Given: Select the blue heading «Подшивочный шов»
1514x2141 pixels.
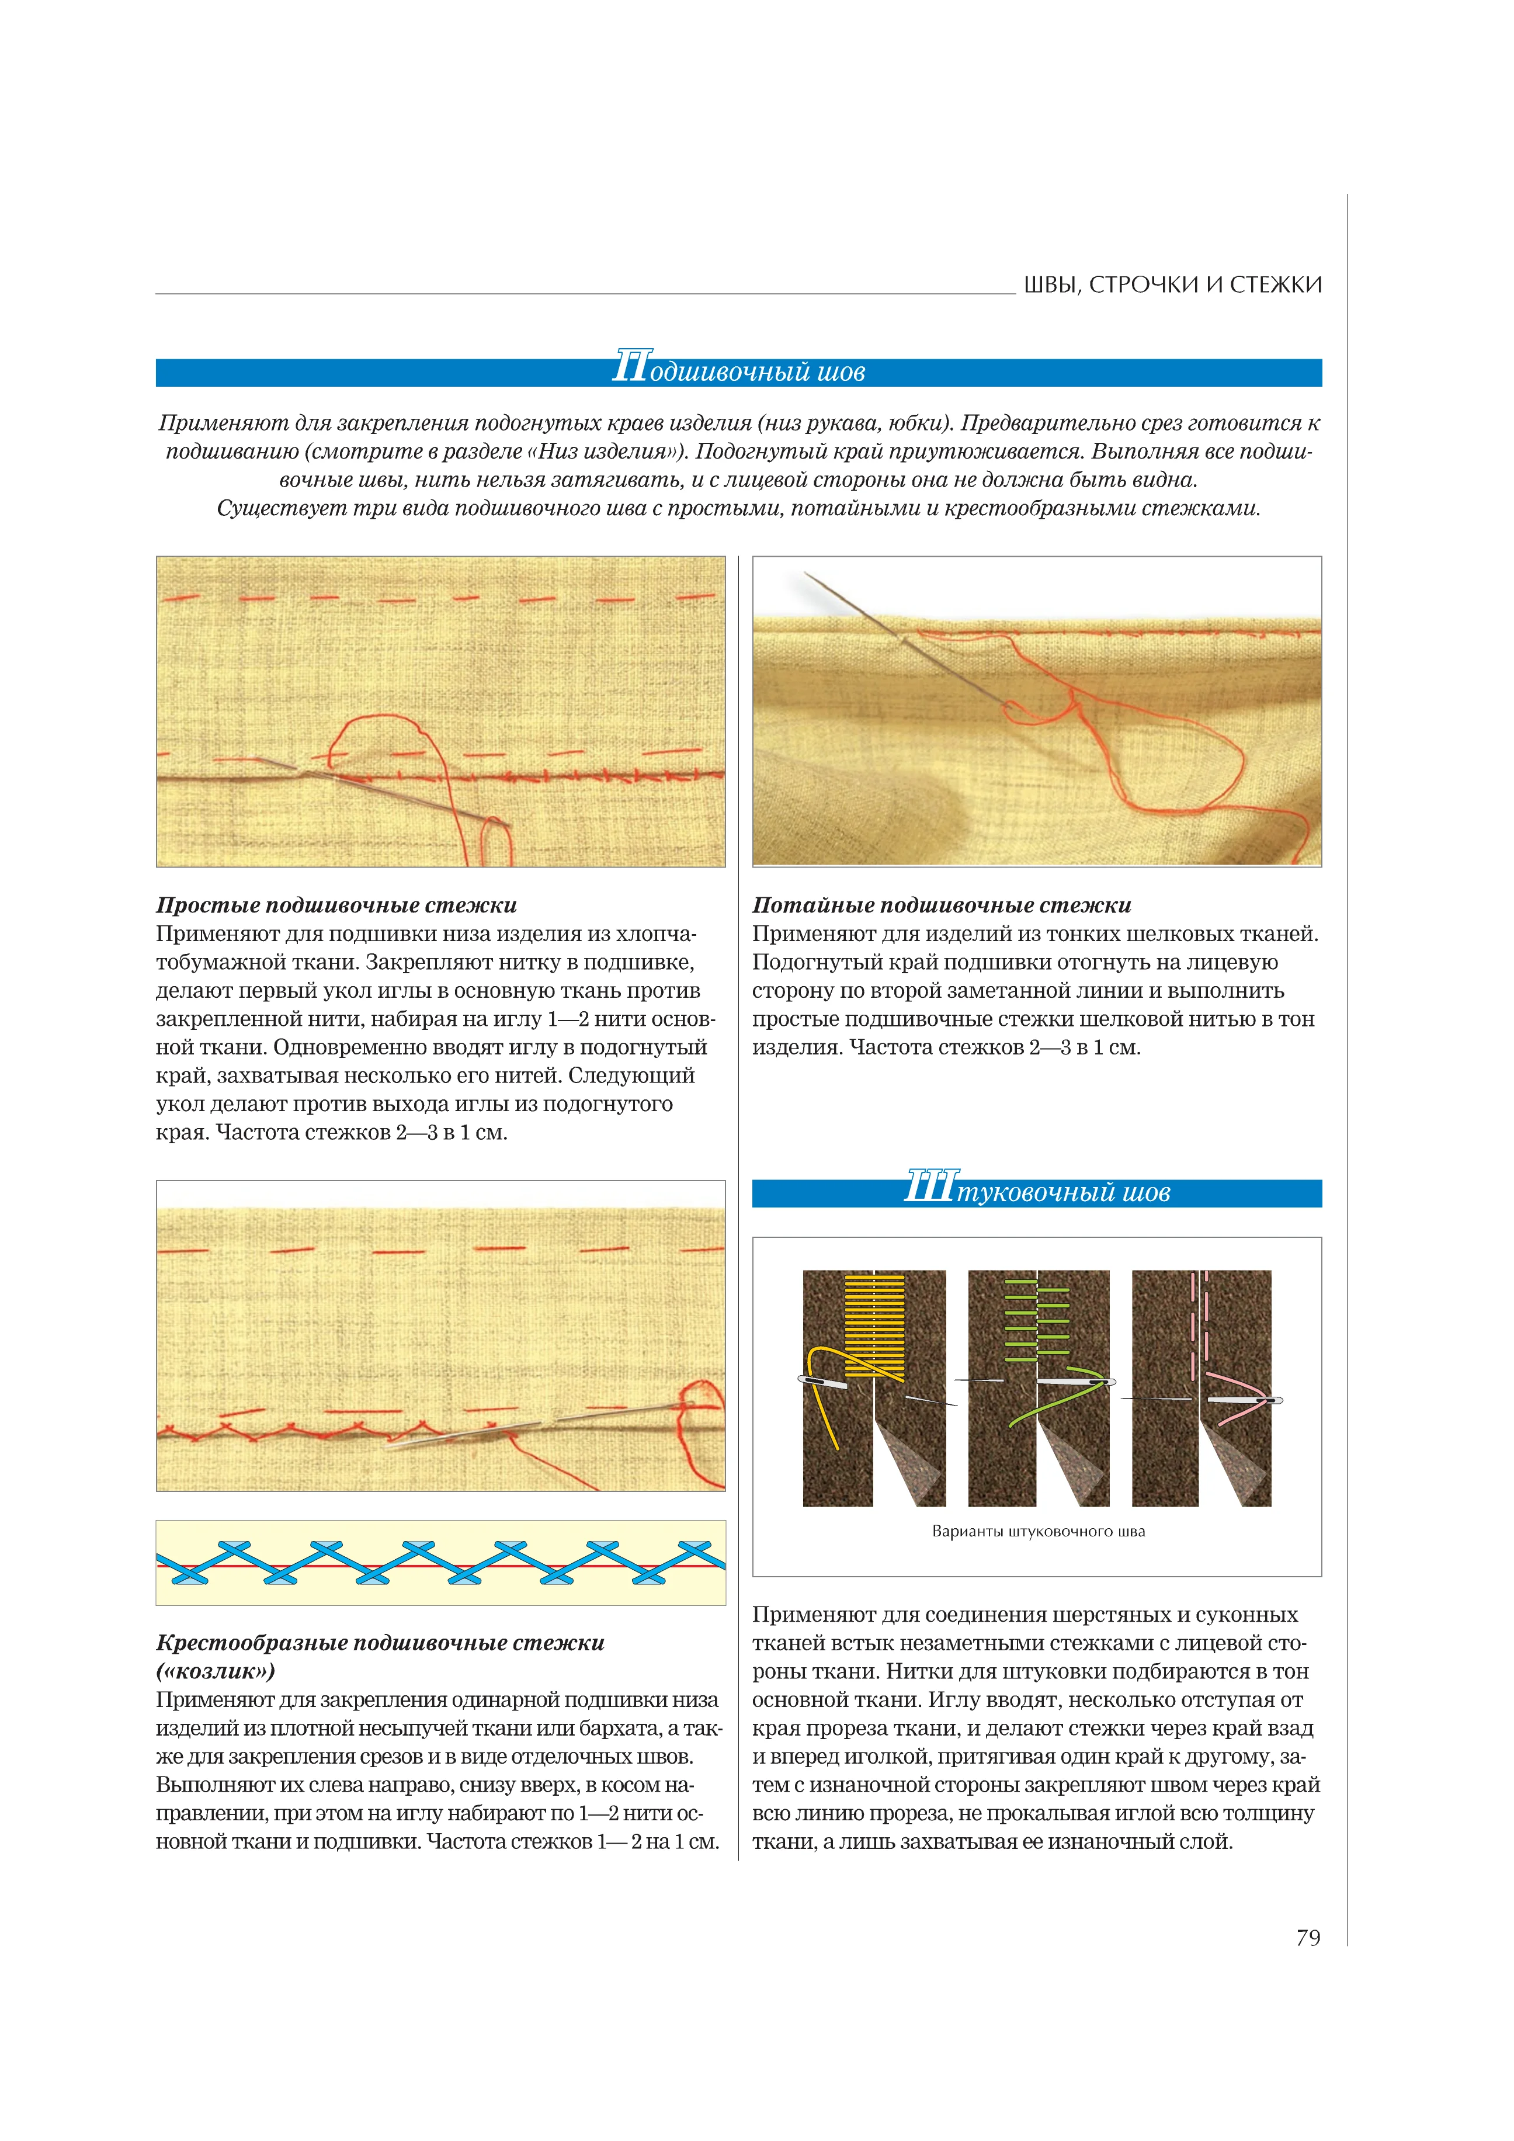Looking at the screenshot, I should (738, 371).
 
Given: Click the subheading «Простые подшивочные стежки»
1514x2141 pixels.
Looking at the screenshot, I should (336, 904).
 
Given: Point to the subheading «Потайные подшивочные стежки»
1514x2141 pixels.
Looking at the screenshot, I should (942, 904).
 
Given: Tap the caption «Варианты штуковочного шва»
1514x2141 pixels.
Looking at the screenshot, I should (1037, 1531).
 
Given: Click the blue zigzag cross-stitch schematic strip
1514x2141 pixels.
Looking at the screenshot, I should (440, 1562).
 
